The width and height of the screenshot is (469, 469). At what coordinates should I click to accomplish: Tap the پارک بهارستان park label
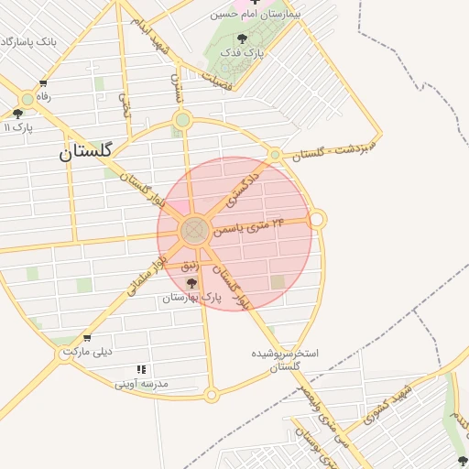tap(192, 299)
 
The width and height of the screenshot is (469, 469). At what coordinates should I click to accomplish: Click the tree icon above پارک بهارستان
tap(191, 283)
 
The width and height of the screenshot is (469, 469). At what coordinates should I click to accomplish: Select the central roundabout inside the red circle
tap(194, 231)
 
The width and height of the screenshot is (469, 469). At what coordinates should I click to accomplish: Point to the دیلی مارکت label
tap(87, 352)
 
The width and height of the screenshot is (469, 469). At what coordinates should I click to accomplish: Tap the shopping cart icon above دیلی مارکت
tap(87, 338)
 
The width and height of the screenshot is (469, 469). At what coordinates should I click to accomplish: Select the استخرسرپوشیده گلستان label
tap(284, 359)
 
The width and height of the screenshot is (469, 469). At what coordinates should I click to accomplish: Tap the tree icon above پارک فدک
tap(242, 38)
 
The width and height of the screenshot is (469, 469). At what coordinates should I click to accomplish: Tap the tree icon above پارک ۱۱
tap(17, 114)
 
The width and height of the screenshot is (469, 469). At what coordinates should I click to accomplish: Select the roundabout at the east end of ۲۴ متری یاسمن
tap(317, 219)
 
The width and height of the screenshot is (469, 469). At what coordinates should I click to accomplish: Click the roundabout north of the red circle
tap(182, 119)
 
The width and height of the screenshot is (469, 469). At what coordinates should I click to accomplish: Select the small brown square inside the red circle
tap(278, 282)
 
